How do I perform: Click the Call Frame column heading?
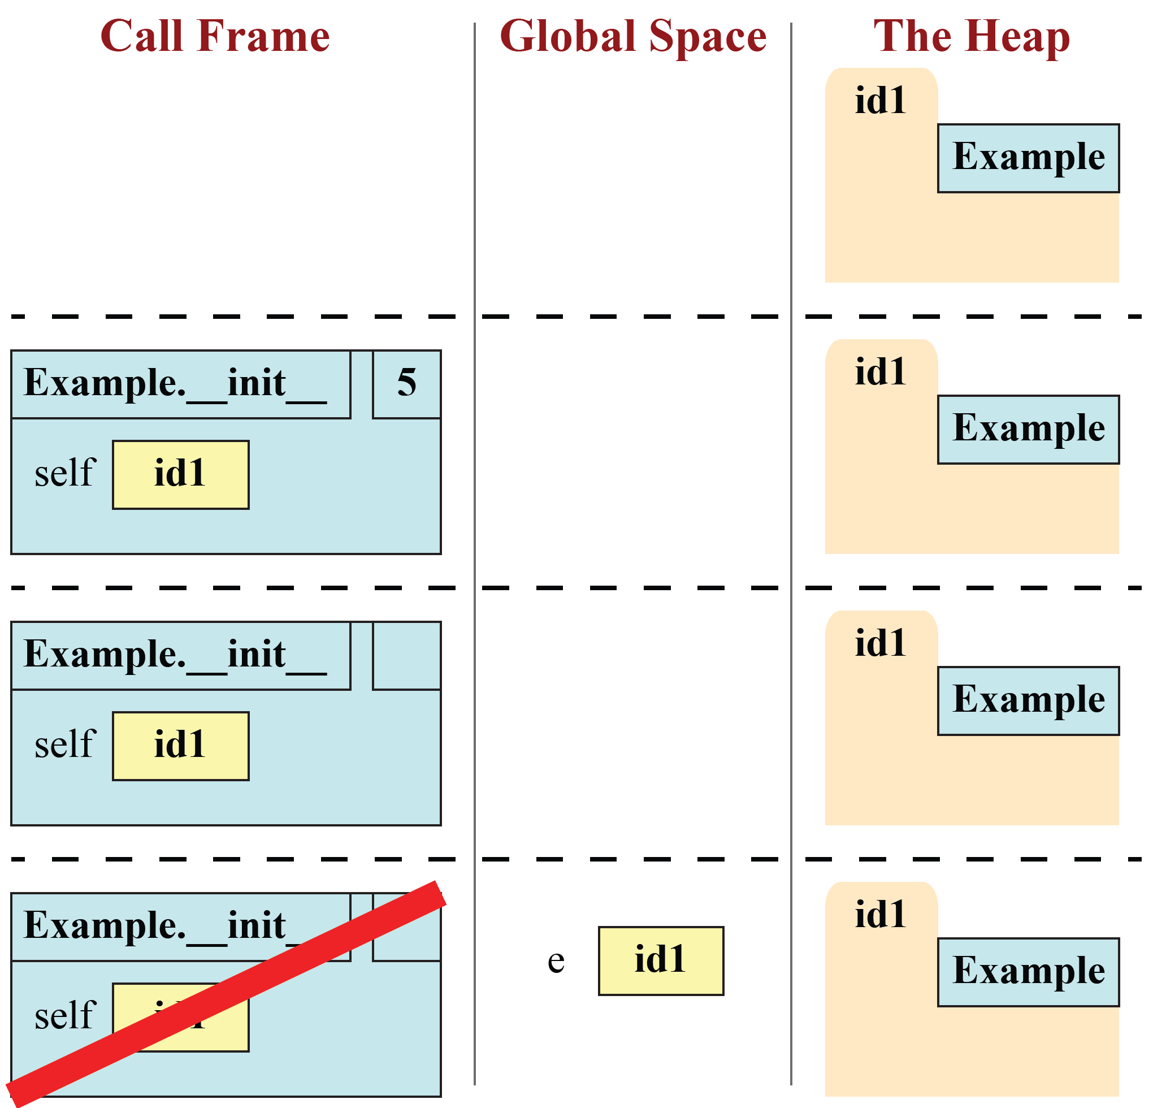pos(215,37)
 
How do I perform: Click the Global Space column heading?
pos(633,37)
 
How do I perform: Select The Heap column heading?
pos(971,37)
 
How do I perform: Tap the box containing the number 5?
pos(406,384)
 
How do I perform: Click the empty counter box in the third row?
pos(406,656)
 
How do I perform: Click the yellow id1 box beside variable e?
pos(661,960)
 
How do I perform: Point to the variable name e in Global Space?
pos(556,960)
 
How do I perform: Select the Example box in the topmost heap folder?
pos(1028,158)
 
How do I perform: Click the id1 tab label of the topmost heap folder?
pos(880,100)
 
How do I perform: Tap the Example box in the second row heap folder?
pos(1028,430)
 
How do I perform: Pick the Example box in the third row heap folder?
pos(1028,701)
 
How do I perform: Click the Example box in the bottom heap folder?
pos(1028,972)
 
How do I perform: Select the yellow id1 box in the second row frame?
pos(181,474)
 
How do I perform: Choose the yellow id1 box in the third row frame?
pos(181,746)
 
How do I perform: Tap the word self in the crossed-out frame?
pos(64,1015)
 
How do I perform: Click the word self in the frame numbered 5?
pos(64,473)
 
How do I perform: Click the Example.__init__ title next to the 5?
pos(175,384)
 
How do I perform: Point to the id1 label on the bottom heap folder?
pos(880,915)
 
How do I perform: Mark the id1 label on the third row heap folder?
pos(880,643)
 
